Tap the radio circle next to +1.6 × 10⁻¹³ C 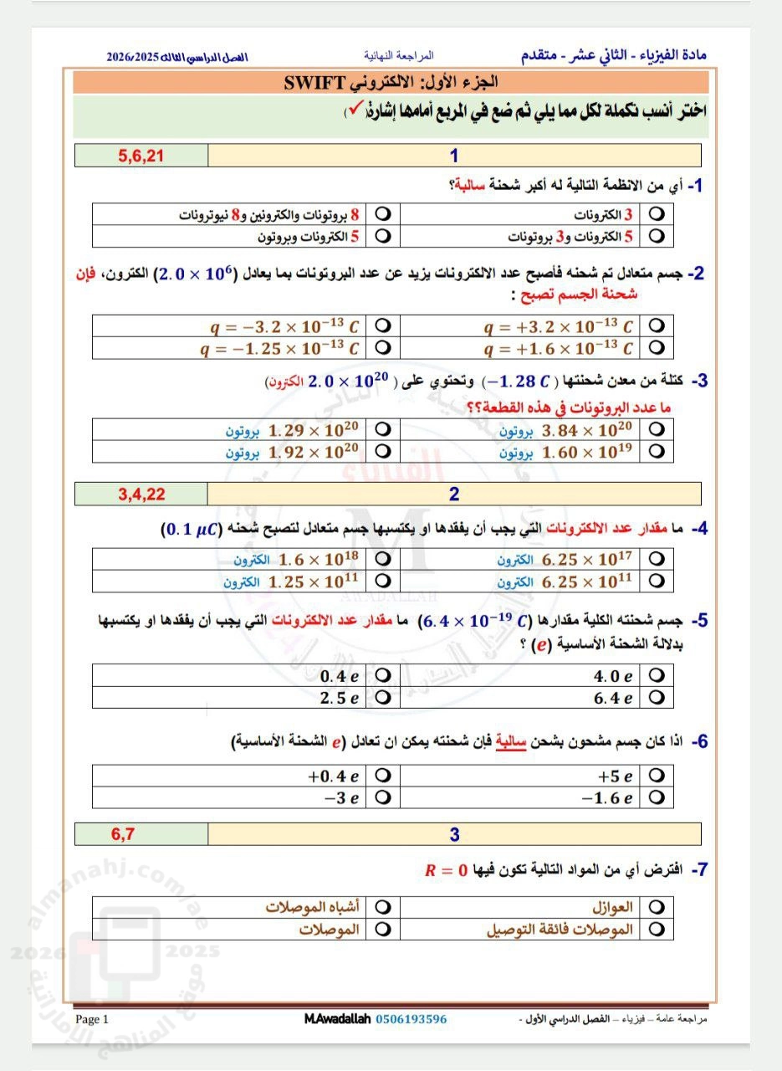coord(657,347)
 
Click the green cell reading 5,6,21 coord(141,156)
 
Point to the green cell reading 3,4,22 coord(141,494)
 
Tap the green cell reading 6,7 coord(141,833)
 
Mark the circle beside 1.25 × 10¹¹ coord(384,581)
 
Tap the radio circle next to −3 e coord(384,797)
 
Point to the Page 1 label coord(92,1019)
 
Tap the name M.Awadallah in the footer coord(338,1019)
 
